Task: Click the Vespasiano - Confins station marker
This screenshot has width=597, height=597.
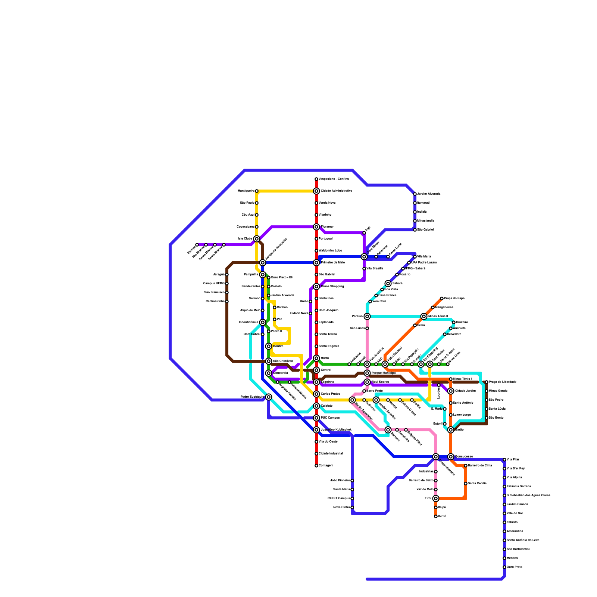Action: (x=316, y=179)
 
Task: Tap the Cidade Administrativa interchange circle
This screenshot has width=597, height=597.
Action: (x=316, y=191)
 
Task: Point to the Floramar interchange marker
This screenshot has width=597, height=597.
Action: (x=316, y=227)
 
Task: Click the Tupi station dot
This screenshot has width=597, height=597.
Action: (x=364, y=233)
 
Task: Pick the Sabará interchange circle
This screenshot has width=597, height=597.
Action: (x=388, y=284)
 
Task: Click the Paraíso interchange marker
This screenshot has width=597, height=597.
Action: (x=367, y=316)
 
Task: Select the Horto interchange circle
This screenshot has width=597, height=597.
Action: (x=316, y=358)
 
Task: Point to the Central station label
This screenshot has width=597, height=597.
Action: (x=326, y=370)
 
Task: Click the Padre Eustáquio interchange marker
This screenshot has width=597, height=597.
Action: (x=269, y=397)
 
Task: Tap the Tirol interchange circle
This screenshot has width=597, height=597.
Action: (x=436, y=498)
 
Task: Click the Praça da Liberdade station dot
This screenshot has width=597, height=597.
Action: (x=487, y=382)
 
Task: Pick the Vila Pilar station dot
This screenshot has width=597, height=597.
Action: (x=504, y=460)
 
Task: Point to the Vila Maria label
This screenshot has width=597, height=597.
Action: (x=424, y=257)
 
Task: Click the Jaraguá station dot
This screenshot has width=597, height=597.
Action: (x=227, y=275)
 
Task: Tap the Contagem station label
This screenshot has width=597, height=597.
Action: (x=326, y=466)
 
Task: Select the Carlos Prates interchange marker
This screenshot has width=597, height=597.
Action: (x=316, y=394)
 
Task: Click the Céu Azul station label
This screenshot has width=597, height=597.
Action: (x=248, y=215)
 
